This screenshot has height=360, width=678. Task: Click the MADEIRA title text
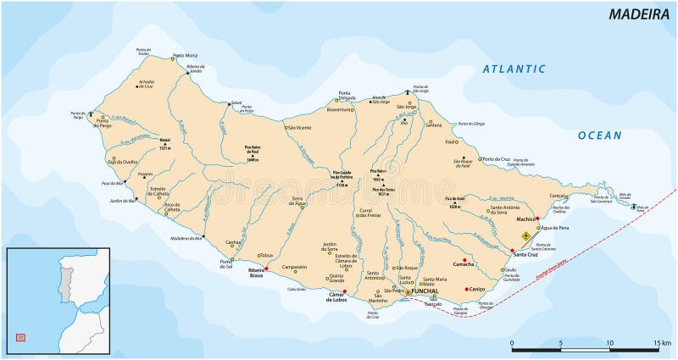(636, 14)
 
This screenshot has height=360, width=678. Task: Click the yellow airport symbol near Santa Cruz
(525, 236)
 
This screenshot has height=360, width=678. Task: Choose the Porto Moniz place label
(187, 56)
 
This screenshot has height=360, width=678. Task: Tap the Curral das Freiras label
(367, 212)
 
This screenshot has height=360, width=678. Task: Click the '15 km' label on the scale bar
(661, 342)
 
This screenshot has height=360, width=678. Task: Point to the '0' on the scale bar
(512, 342)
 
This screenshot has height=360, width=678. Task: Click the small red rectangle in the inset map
(20, 337)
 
